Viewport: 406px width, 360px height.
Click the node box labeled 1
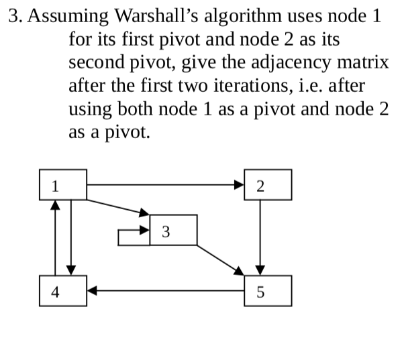[x=62, y=184]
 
